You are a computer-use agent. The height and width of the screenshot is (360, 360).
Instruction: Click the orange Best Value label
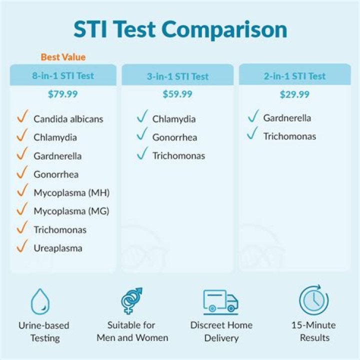63,57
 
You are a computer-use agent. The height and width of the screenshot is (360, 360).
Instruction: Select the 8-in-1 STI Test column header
63,76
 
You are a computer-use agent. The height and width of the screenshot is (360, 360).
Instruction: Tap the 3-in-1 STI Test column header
177,76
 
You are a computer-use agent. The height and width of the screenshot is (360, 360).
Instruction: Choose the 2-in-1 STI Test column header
294,76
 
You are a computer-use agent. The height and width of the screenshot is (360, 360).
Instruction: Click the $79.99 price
63,94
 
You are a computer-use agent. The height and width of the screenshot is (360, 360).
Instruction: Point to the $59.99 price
177,94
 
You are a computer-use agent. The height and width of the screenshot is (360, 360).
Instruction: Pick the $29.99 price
294,94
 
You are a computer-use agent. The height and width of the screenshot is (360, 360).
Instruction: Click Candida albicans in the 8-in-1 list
68,119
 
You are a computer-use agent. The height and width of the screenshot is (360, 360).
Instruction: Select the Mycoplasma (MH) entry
71,192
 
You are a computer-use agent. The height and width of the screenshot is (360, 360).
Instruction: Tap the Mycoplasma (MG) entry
71,211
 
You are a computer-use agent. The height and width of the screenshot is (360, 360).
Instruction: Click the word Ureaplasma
58,248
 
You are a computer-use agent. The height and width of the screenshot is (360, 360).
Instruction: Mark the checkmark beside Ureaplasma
21,246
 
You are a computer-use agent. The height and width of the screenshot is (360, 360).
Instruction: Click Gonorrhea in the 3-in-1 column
174,137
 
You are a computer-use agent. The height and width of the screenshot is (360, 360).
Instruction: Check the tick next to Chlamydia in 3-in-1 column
141,118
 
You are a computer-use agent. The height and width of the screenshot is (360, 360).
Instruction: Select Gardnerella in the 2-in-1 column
287,118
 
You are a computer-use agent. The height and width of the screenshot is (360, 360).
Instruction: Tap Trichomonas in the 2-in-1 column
289,136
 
